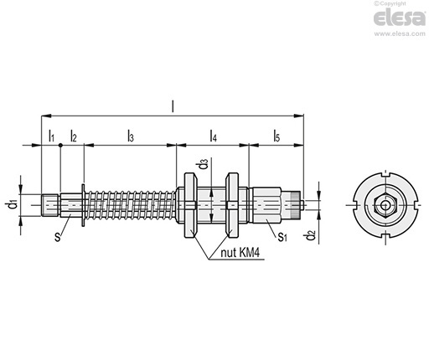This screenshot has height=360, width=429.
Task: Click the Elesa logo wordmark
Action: click(400, 18)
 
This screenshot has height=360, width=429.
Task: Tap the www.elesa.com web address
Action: click(400, 34)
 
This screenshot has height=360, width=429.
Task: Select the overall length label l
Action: click(173, 106)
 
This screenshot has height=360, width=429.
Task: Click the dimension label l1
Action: click(51, 136)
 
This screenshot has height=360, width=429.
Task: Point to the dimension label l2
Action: click(73, 136)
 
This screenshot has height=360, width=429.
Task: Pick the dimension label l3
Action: click(131, 136)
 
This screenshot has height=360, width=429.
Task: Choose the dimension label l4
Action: click(213, 136)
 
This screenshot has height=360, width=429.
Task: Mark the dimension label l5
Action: click(277, 136)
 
